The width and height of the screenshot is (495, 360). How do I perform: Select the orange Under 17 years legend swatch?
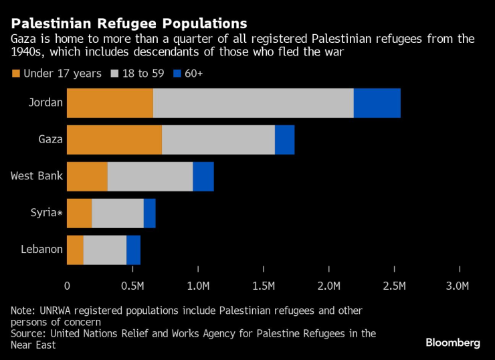point(16,73)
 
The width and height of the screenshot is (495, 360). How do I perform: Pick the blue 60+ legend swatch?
point(179,73)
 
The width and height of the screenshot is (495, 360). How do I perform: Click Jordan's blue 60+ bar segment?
point(377,103)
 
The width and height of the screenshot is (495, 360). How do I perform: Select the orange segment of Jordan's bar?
point(110,103)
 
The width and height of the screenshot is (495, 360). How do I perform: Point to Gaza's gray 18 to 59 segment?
point(218,140)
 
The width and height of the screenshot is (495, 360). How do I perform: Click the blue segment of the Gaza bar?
point(284,140)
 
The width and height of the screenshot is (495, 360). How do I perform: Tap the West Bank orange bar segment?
point(87,177)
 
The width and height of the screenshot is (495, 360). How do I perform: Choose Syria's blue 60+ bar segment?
point(149,213)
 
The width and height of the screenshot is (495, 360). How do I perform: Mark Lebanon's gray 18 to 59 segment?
point(104,250)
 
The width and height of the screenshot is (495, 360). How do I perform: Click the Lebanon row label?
point(41,250)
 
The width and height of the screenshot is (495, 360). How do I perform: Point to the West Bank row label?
point(37,177)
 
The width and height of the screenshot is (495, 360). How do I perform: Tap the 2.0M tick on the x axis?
point(329,286)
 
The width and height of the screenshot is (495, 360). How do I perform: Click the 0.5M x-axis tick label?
point(133,286)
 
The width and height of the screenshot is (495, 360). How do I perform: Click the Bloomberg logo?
point(453,343)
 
